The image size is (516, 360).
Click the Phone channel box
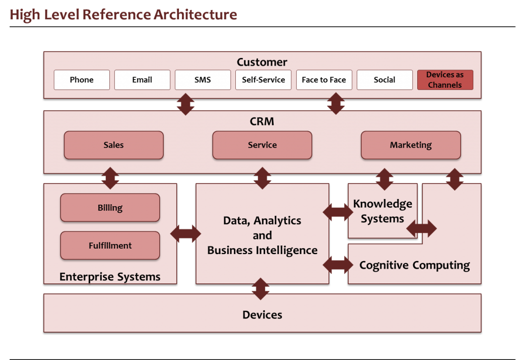point(82,80)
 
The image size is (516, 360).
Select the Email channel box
point(142,80)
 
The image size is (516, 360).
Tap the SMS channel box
point(203,80)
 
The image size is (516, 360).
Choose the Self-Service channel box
point(263,80)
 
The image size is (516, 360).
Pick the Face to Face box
point(324,80)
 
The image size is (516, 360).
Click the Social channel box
point(384,80)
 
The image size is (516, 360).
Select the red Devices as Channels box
point(445,80)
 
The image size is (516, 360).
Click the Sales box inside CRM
point(113,145)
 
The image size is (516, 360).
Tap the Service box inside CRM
point(262,145)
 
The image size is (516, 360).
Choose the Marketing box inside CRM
point(411,145)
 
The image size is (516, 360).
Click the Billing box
point(110,208)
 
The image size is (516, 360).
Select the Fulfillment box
point(110,246)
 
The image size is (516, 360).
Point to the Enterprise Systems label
point(110,277)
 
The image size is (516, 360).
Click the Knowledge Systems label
point(382,211)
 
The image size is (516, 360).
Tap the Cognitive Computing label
point(414,265)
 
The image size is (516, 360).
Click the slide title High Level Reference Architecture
point(123,15)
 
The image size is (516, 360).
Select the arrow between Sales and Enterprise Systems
point(110,178)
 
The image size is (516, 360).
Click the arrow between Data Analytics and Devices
point(261,288)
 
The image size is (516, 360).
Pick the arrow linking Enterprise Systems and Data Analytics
point(185,233)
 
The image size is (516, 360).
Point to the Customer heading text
point(262,63)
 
